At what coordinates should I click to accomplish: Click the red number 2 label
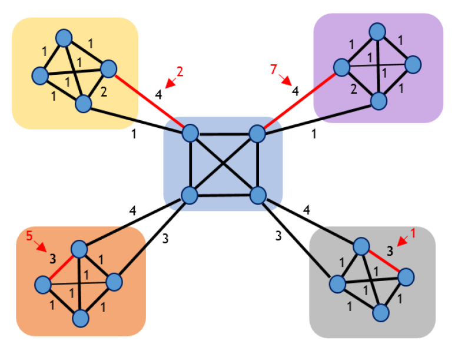(180, 72)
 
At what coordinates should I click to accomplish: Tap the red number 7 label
(273, 70)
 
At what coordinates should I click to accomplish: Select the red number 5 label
(29, 236)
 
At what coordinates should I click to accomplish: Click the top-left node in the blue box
(190, 133)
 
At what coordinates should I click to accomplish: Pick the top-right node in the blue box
(257, 134)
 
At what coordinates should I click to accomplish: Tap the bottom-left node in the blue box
(188, 194)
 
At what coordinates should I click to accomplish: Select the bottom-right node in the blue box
(257, 194)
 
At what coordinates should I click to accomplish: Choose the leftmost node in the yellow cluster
(41, 76)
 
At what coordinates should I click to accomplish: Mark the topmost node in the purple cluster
(378, 31)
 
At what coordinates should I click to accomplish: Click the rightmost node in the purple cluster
(413, 64)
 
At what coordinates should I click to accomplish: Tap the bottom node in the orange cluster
(81, 318)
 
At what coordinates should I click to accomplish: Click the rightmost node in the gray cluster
(405, 276)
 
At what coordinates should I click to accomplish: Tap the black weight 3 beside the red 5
(52, 257)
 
